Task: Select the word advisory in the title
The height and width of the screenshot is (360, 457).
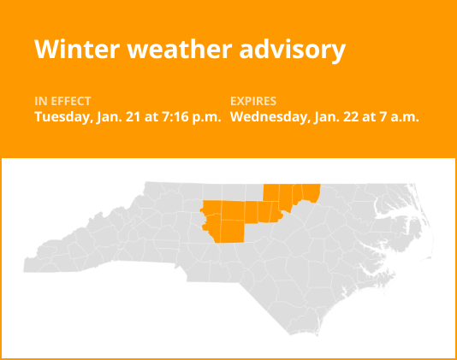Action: (x=293, y=50)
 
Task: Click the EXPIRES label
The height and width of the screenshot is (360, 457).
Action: (x=254, y=101)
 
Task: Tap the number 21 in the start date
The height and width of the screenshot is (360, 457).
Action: (x=131, y=117)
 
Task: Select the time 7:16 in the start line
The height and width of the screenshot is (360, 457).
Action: (x=171, y=117)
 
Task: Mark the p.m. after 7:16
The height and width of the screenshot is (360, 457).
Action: (x=206, y=117)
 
